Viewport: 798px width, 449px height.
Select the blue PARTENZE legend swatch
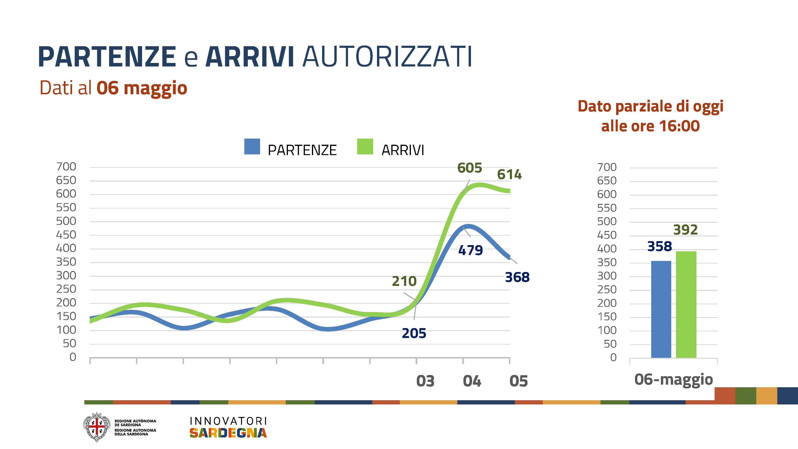[x=252, y=147]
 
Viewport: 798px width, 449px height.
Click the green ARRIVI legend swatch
[x=365, y=147]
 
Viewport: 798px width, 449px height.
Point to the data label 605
[x=469, y=168]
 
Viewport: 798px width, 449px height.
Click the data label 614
[x=509, y=174]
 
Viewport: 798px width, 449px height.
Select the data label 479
[x=470, y=250]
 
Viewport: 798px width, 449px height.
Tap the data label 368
[x=517, y=277]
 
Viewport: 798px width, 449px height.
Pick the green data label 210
[x=404, y=281]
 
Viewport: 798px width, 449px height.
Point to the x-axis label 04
[x=472, y=381]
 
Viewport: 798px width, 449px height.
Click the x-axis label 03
[x=425, y=381]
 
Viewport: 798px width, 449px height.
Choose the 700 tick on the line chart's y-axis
[x=66, y=167]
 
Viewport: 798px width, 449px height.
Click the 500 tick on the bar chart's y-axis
[x=606, y=222]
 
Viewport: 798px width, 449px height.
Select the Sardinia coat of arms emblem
[x=97, y=427]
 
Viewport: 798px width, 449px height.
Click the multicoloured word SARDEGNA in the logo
[x=228, y=433]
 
